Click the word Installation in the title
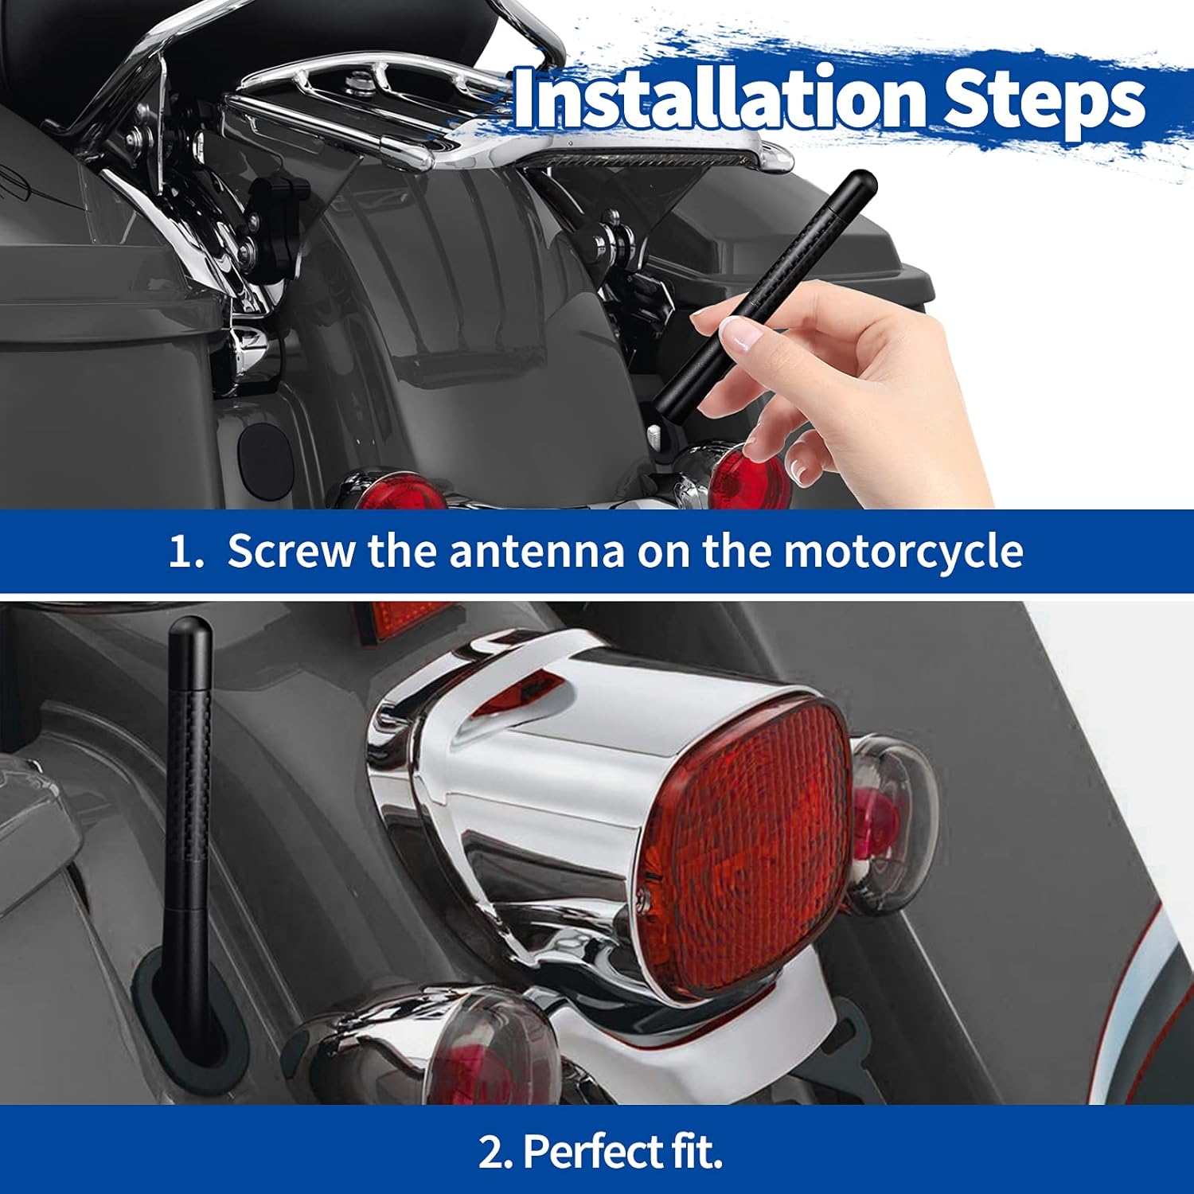pos(720,99)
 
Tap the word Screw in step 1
pos(291,551)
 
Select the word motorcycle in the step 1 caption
pos(903,551)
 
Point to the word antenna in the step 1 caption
pos(537,551)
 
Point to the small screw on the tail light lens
pos(645,899)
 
